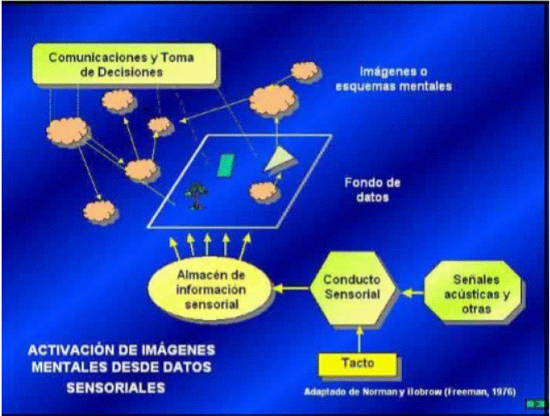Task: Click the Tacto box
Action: pyautogui.click(x=358, y=362)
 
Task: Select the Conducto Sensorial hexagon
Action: pyautogui.click(x=352, y=287)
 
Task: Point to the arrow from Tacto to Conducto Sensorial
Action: pyautogui.click(x=359, y=337)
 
